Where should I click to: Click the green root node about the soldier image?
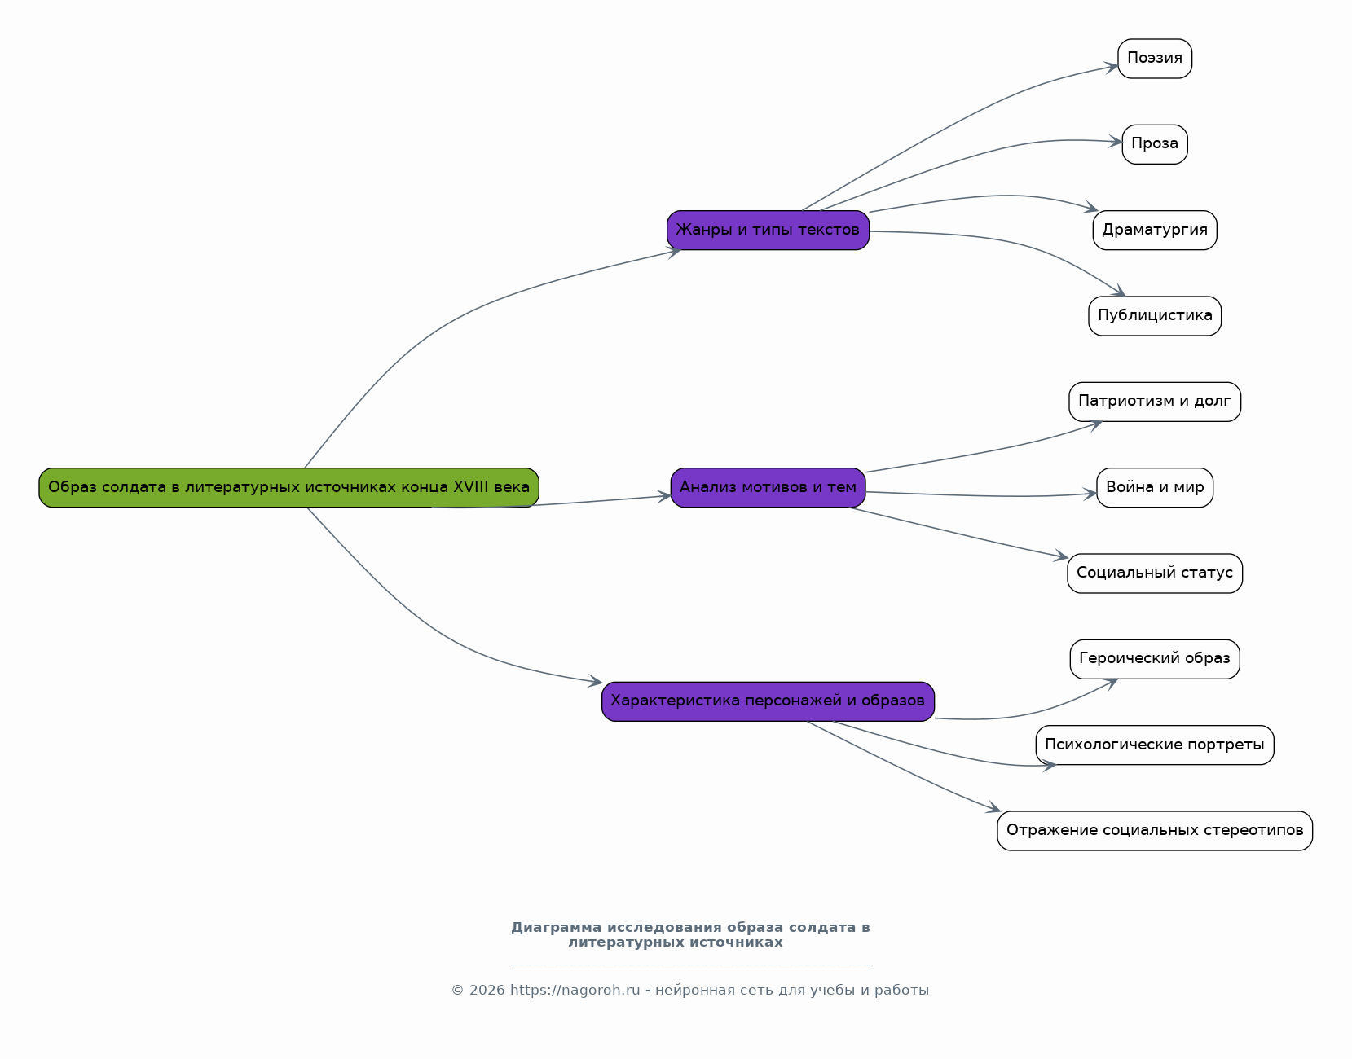(x=288, y=487)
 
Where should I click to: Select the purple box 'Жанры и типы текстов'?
(x=768, y=230)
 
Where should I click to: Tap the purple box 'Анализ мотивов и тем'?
(x=768, y=487)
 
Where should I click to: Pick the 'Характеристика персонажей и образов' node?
(x=768, y=701)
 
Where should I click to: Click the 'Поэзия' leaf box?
(x=1155, y=59)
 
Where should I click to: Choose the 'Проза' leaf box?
(x=1155, y=144)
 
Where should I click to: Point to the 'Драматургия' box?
(x=1155, y=230)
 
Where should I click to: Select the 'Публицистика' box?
(x=1155, y=316)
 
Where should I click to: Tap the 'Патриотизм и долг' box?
(x=1155, y=402)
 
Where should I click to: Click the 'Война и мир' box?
(x=1155, y=487)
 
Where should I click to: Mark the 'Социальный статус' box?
(x=1155, y=573)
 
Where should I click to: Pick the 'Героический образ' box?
(x=1155, y=659)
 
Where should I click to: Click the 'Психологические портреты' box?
(x=1155, y=745)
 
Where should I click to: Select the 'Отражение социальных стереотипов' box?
(x=1155, y=831)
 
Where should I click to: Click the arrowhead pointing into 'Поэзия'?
(x=1112, y=67)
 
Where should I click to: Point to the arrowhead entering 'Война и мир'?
(x=1090, y=494)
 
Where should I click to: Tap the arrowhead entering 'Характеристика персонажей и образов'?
(x=596, y=681)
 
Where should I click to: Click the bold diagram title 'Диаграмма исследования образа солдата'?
(x=690, y=934)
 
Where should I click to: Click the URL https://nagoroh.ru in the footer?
(x=575, y=990)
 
